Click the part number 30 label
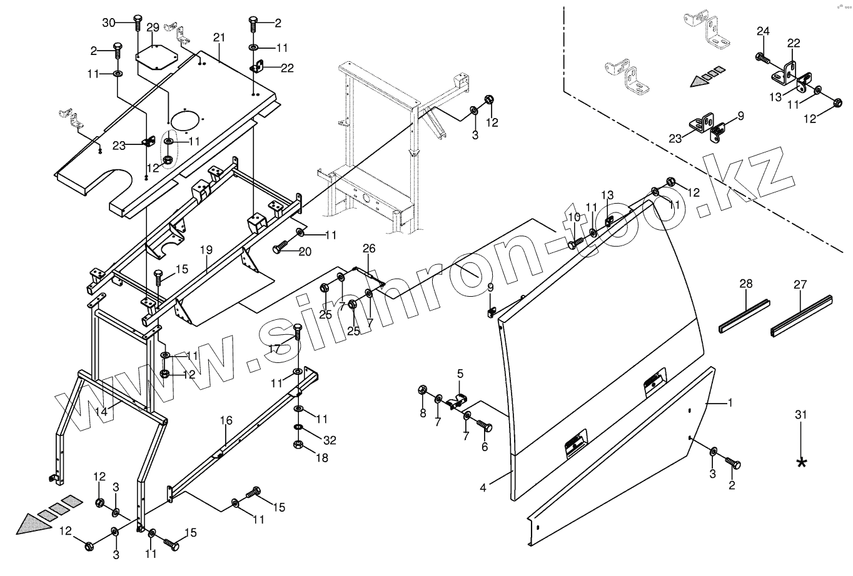[x=109, y=22]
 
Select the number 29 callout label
[x=153, y=27]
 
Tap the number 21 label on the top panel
[x=218, y=38]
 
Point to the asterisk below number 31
[x=801, y=462]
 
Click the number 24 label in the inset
[x=763, y=31]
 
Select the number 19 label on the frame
[x=206, y=250]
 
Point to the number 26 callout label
[x=369, y=249]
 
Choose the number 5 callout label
[x=460, y=374]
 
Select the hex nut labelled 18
[x=298, y=445]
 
